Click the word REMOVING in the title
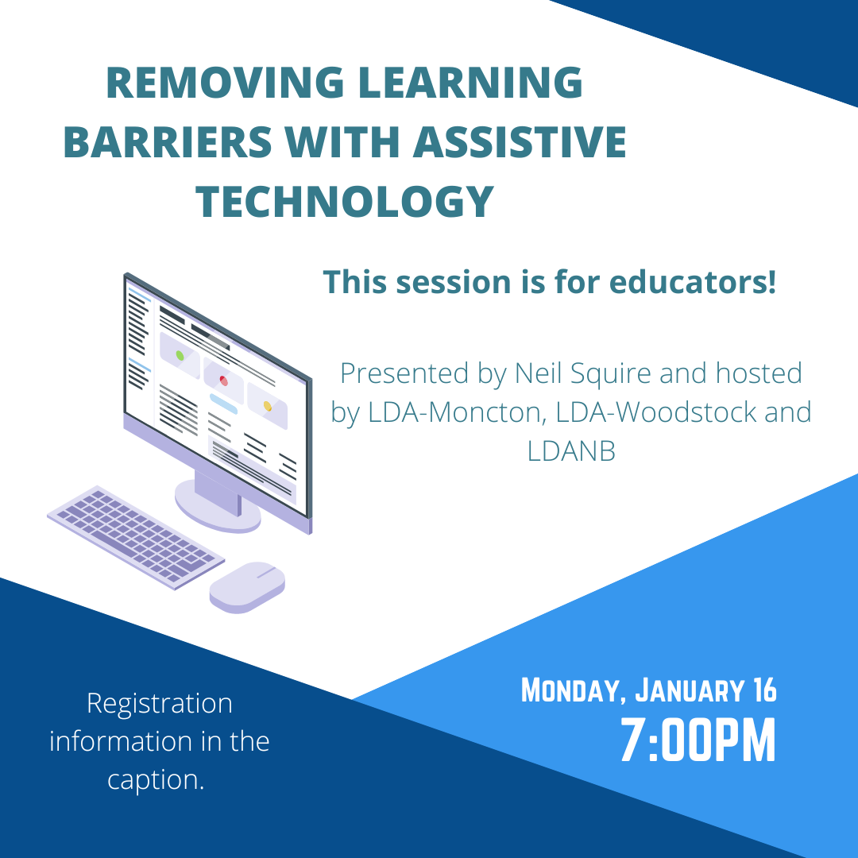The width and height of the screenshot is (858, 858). pyautogui.click(x=225, y=83)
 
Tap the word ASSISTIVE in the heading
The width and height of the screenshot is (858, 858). pyautogui.click(x=520, y=141)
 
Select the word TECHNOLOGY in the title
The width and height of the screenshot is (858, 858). pyautogui.click(x=345, y=201)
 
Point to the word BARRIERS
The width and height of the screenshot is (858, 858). pyautogui.click(x=168, y=141)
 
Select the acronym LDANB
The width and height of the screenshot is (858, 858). pyautogui.click(x=571, y=451)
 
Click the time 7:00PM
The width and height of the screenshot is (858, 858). pyautogui.click(x=698, y=740)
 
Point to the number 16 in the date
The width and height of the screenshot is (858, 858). pyautogui.click(x=764, y=690)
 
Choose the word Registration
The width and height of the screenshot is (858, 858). pyautogui.click(x=160, y=705)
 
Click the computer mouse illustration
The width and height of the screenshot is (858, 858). pyautogui.click(x=247, y=587)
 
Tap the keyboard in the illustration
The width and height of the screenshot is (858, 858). pyautogui.click(x=136, y=537)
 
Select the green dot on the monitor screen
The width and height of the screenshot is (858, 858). pyautogui.click(x=180, y=356)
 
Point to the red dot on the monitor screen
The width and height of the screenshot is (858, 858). pyautogui.click(x=223, y=381)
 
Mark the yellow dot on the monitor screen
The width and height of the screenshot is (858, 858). pyautogui.click(x=268, y=406)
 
